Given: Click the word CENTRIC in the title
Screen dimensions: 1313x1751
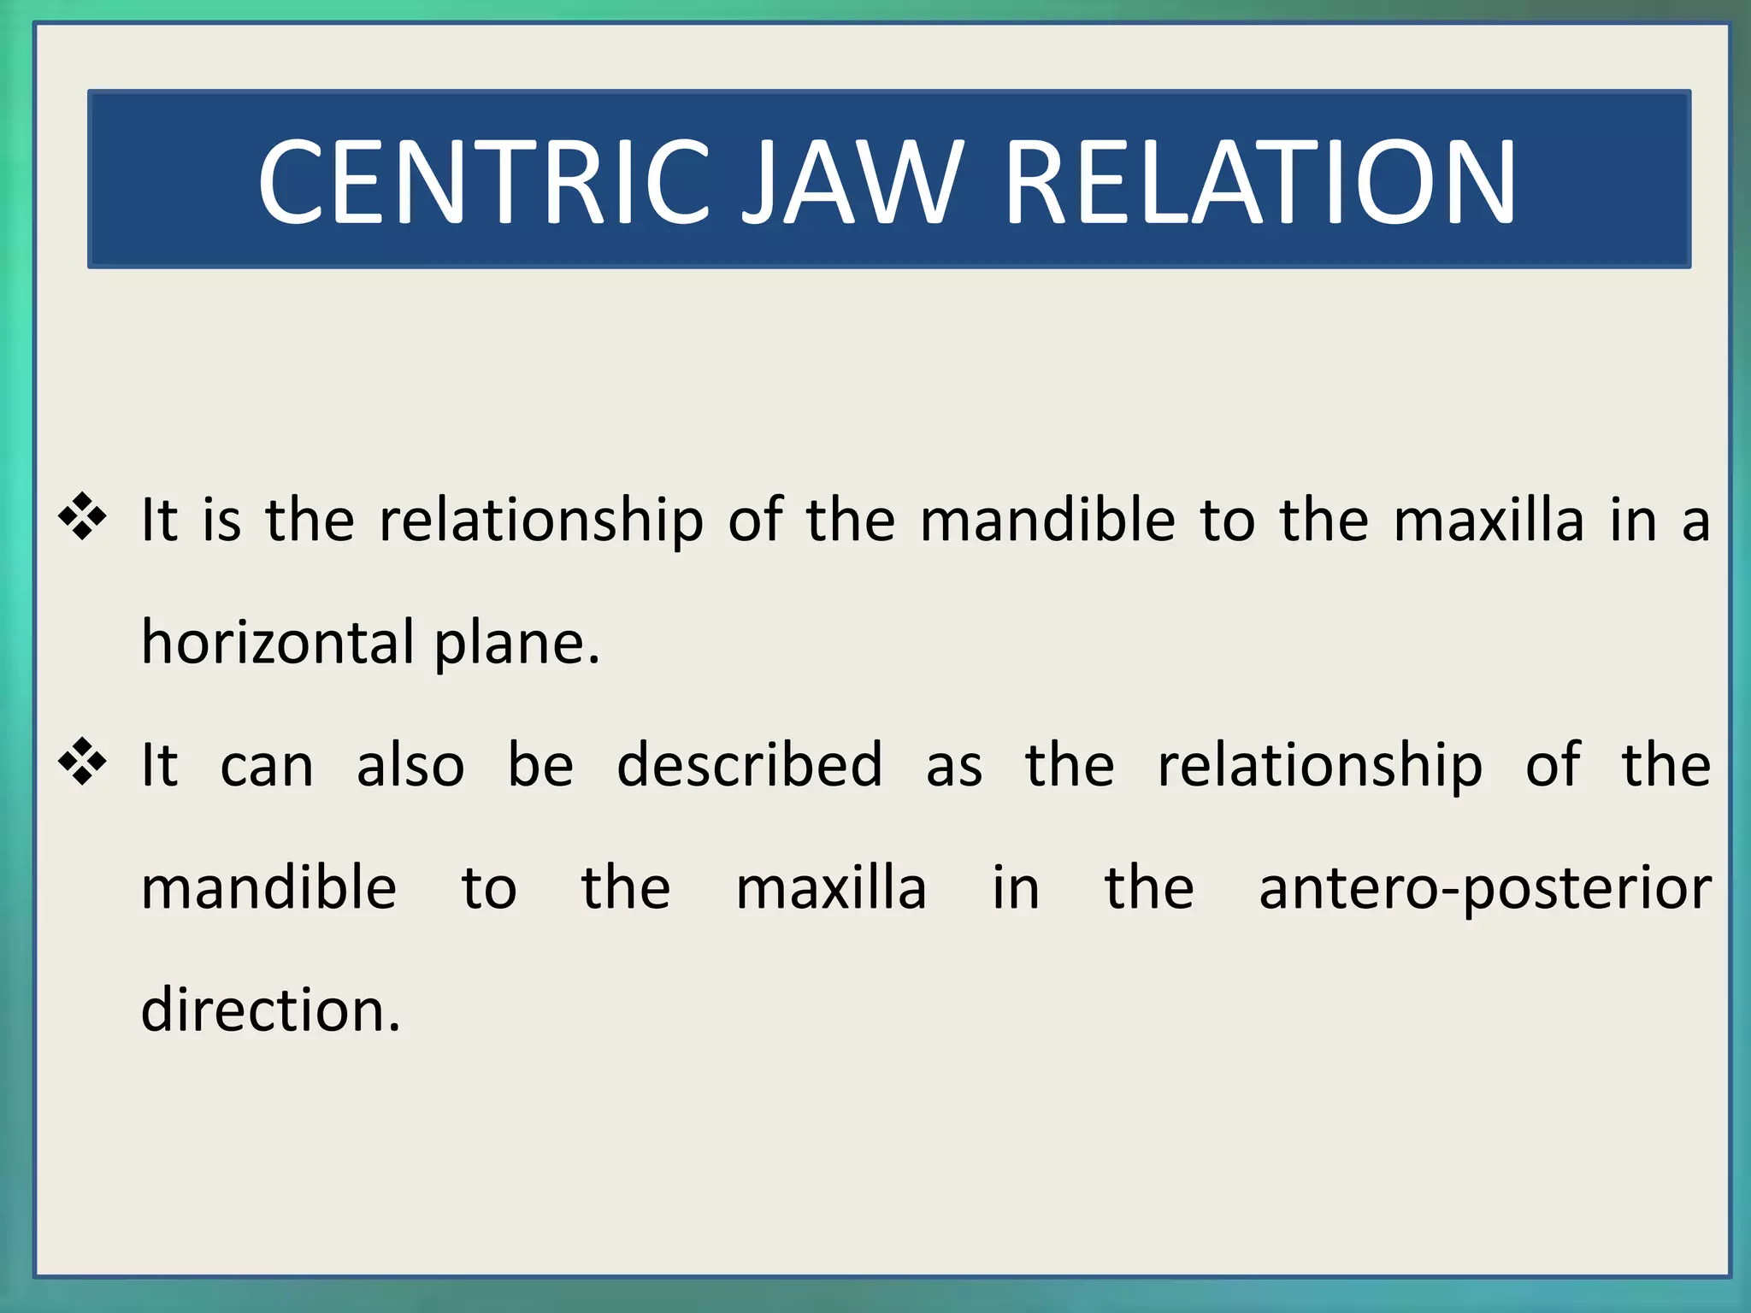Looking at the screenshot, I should [x=484, y=182].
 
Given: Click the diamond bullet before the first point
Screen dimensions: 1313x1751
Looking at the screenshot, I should [x=83, y=516].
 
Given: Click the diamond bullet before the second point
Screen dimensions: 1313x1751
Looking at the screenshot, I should [x=83, y=761].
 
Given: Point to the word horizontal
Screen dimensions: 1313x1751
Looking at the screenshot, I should [x=278, y=642].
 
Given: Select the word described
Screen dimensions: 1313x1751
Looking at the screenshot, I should [x=749, y=764].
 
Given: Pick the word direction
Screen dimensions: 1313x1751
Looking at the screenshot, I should [x=270, y=1010].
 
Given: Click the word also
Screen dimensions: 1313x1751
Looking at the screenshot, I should [x=410, y=764].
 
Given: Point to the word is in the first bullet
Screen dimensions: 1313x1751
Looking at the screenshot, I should [x=221, y=520].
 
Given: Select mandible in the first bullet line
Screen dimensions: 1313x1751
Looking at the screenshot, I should [x=1047, y=520].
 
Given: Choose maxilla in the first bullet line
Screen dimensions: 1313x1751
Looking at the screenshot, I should [x=1489, y=520].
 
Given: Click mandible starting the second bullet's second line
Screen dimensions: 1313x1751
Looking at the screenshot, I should [x=268, y=887].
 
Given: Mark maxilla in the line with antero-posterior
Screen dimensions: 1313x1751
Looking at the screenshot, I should [x=831, y=887].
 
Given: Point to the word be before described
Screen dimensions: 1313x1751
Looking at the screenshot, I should [x=540, y=764].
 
